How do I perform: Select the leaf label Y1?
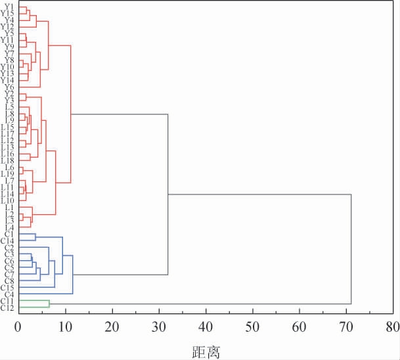click(9, 7)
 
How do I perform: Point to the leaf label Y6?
click(9, 87)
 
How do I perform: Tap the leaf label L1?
click(9, 208)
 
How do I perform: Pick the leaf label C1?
click(9, 234)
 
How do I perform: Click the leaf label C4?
click(9, 294)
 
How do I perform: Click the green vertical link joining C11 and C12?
click(49, 304)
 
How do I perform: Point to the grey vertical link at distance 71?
click(351, 249)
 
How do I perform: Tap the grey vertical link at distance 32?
click(168, 194)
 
